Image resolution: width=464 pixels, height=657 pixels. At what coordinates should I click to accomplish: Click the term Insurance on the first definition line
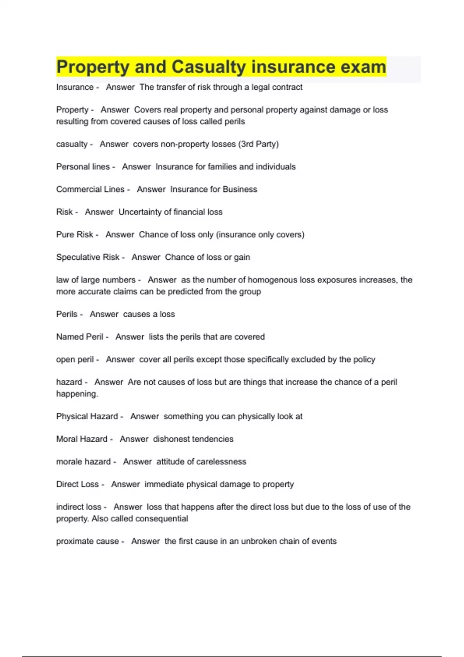tap(75, 87)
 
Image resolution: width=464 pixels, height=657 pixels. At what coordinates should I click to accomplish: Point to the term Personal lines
tap(83, 167)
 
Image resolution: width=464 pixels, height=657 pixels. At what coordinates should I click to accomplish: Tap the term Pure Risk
tap(75, 235)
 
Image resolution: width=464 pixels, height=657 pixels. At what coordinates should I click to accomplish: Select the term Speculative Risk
tap(88, 257)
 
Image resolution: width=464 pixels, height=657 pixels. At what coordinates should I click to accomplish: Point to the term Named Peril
tap(80, 337)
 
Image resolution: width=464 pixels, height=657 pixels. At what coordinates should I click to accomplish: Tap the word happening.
tap(77, 394)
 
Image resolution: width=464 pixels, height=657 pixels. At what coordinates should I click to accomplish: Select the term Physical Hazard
tap(87, 417)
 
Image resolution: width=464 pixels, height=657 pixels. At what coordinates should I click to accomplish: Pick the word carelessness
tap(221, 462)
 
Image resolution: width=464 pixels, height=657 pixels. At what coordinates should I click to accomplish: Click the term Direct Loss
tap(77, 485)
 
